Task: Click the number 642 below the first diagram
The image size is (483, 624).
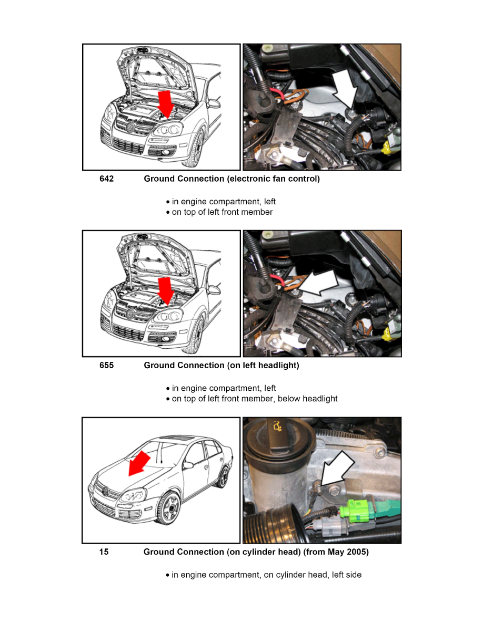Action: click(x=106, y=179)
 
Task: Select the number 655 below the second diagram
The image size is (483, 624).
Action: click(x=106, y=366)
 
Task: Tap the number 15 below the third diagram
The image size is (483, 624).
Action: click(x=104, y=552)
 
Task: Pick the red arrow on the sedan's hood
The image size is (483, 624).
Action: click(x=139, y=463)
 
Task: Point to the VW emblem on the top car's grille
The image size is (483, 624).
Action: click(x=130, y=127)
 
